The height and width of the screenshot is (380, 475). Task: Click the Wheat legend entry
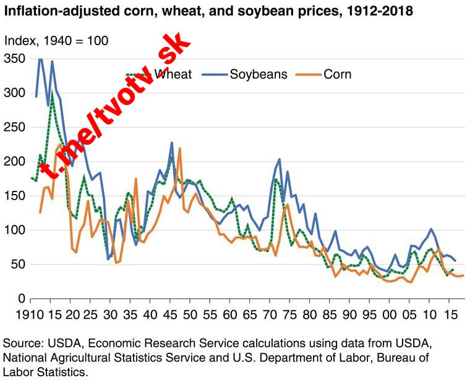click(173, 74)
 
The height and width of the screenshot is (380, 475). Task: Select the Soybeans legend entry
click(259, 74)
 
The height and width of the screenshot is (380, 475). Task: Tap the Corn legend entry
click(337, 74)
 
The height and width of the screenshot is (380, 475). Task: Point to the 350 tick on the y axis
click(15, 59)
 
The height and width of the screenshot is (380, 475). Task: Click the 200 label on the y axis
click(15, 161)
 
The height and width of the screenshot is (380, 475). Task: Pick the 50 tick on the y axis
click(19, 264)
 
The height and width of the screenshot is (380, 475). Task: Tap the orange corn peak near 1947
click(179, 148)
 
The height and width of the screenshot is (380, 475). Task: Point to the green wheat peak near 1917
click(53, 98)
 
